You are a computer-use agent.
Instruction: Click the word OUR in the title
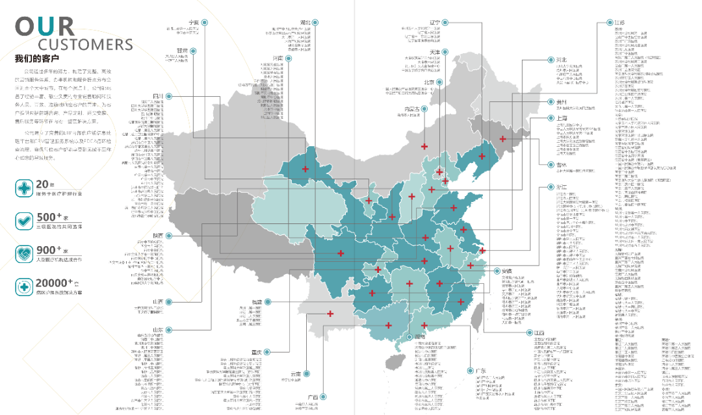coord(45,27)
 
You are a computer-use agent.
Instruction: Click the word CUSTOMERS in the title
coord(85,45)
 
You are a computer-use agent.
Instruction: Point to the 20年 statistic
coord(43,184)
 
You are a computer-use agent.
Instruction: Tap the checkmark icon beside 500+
coord(25,221)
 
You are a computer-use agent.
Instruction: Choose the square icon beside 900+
coord(25,253)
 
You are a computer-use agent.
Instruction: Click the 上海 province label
coord(562,118)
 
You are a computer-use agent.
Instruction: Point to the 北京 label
coord(428,82)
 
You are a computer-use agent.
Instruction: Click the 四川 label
coord(158,96)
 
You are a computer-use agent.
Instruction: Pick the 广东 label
coord(481,370)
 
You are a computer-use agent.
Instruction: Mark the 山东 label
coord(158,330)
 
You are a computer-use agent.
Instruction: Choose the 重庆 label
coord(256,352)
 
